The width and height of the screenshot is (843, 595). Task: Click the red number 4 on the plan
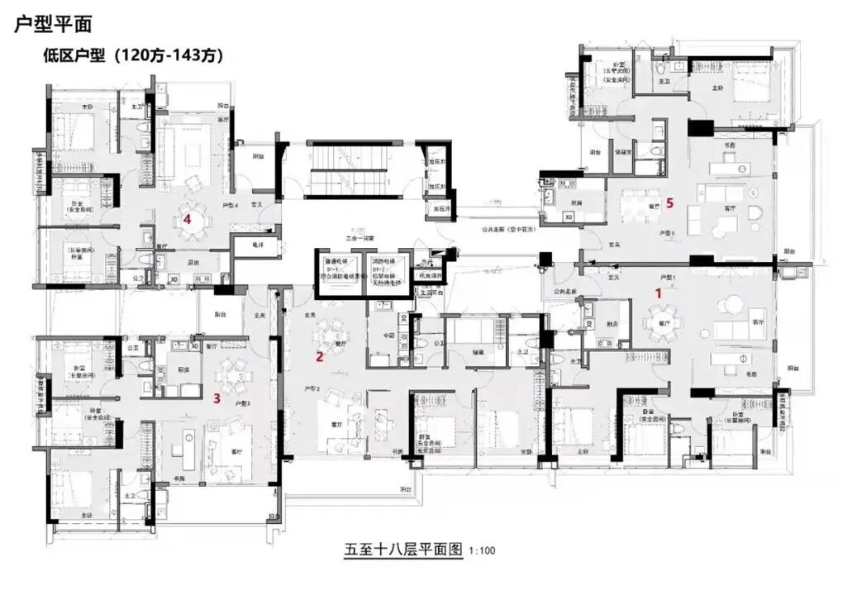(x=188, y=219)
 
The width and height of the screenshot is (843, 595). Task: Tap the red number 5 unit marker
(x=670, y=202)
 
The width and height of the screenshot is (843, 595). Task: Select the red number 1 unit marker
(x=659, y=292)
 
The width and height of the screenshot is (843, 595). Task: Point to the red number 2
(x=319, y=357)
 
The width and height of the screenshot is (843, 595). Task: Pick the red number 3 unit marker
(x=217, y=397)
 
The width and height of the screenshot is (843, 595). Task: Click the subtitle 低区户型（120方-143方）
(x=133, y=55)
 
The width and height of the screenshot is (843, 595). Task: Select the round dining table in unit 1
(x=662, y=316)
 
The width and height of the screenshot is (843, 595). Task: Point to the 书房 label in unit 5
(x=729, y=145)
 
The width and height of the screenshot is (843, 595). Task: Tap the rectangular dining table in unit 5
(x=636, y=202)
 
